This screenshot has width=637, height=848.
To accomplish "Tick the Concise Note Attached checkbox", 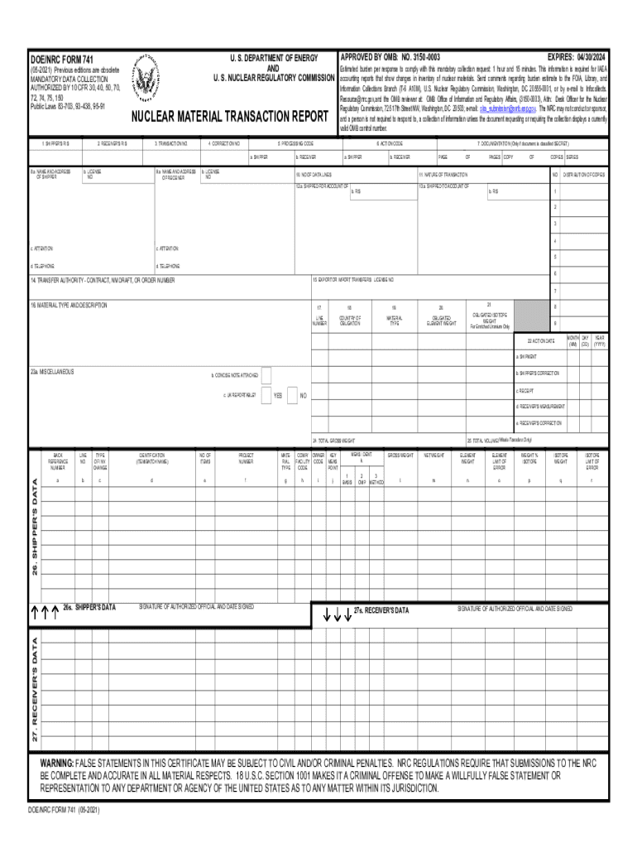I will (x=266, y=375).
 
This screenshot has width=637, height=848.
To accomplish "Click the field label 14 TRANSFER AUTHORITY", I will (x=103, y=281).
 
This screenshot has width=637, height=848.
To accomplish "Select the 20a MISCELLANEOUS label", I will (x=52, y=372).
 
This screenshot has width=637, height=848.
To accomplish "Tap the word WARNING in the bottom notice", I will (x=56, y=762).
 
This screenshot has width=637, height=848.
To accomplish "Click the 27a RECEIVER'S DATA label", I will (x=381, y=610).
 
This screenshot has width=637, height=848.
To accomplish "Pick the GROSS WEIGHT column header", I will (x=400, y=455).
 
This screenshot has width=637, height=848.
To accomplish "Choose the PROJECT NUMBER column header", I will (x=247, y=458).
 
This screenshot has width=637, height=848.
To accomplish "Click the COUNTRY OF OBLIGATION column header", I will (x=350, y=320).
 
